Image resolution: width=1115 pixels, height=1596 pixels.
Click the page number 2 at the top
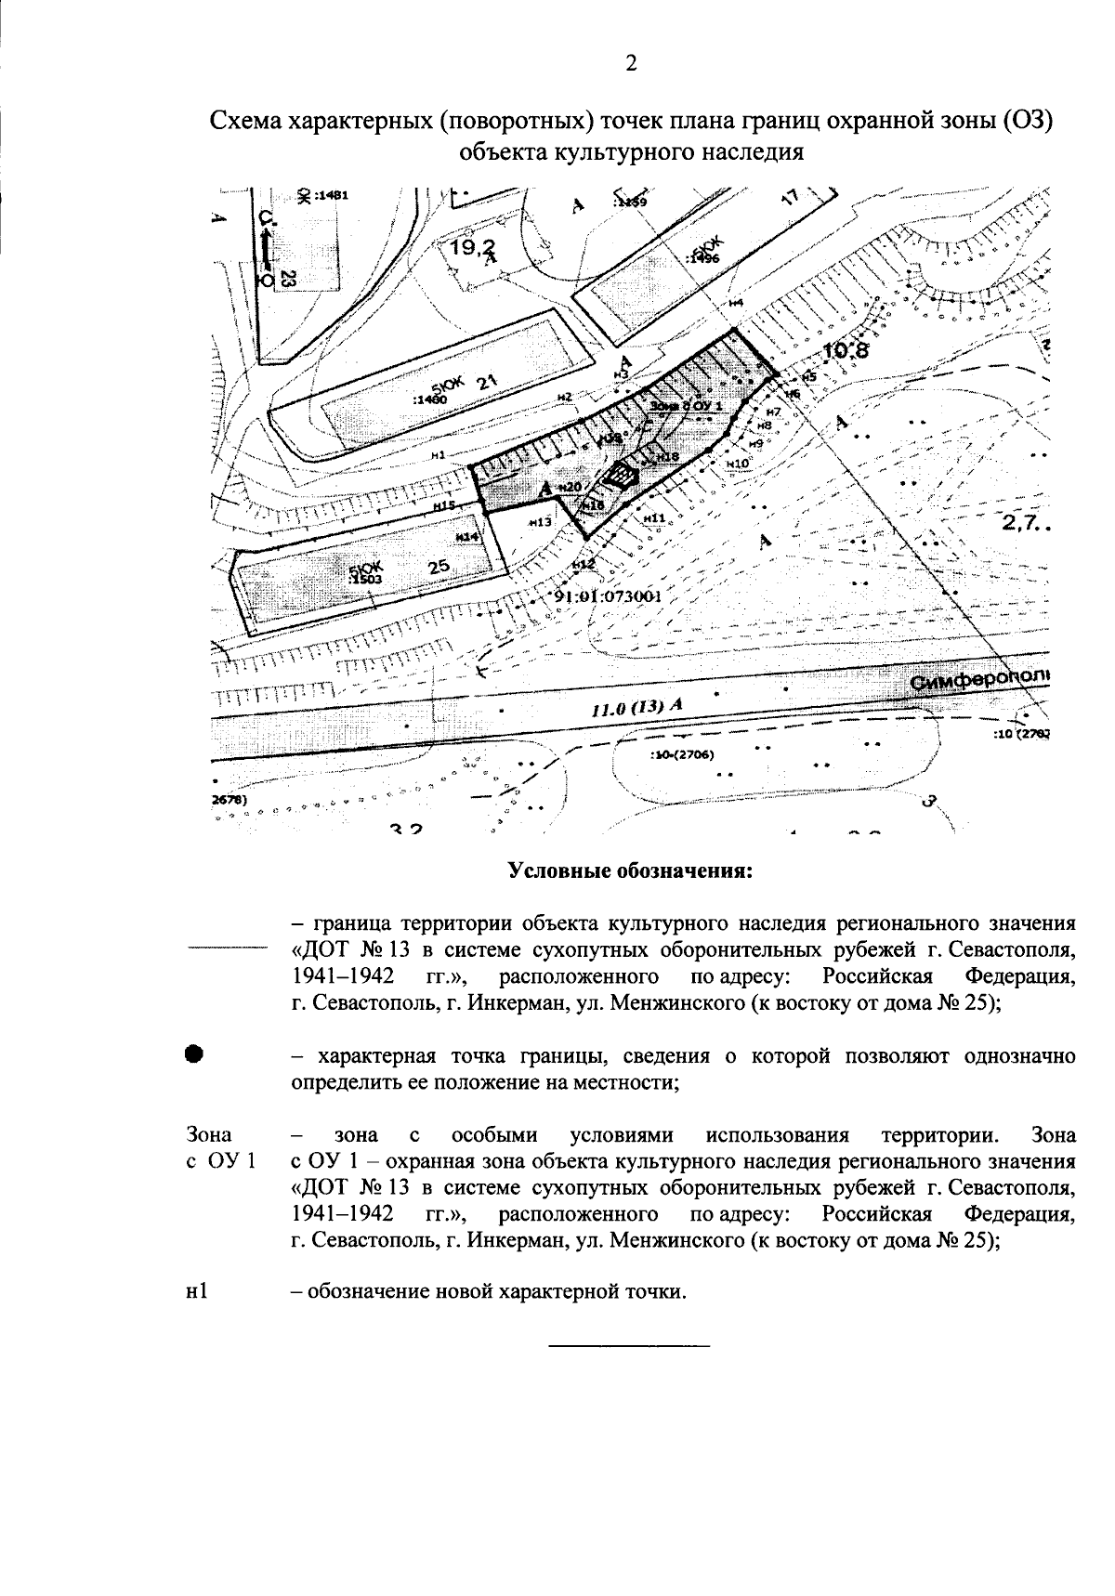click(x=631, y=63)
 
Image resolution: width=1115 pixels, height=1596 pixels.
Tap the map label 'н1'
click(x=439, y=454)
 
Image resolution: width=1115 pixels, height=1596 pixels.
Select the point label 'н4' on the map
click(x=736, y=304)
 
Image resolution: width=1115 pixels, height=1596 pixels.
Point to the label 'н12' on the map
click(x=583, y=564)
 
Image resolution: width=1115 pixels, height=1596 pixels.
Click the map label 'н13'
click(x=540, y=522)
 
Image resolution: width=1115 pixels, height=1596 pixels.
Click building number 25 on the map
click(x=439, y=566)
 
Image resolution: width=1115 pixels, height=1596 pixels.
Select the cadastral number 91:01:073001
click(x=608, y=596)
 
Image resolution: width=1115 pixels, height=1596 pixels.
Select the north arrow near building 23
click(x=267, y=247)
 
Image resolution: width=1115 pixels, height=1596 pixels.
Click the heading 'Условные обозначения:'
click(x=629, y=872)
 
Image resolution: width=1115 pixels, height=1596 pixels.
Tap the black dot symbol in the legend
click(x=193, y=1054)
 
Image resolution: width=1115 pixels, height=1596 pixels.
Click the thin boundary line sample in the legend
click(x=226, y=948)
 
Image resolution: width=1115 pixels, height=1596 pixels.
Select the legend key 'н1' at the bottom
click(x=195, y=1292)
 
